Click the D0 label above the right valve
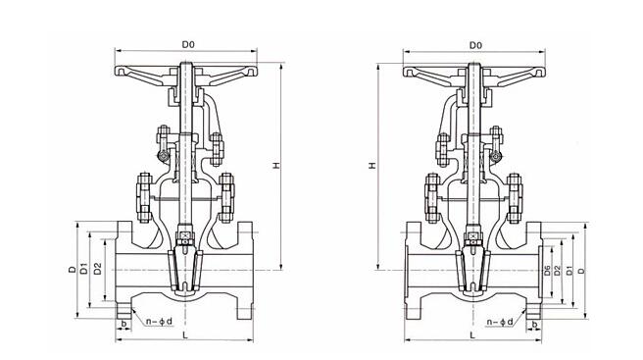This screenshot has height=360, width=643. coord(475,44)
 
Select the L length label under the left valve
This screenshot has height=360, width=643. coord(184,336)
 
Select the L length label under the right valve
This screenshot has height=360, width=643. coord(473,336)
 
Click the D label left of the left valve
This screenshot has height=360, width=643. coord(72,268)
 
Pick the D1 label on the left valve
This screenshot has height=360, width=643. coord(84,268)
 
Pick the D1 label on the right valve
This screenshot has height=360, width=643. coord(569,269)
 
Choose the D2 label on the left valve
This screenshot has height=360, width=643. coord(97,268)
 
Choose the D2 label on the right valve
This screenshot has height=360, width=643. coord(558,269)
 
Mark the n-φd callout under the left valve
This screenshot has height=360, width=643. coord(159,320)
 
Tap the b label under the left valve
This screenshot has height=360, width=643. coord(123,321)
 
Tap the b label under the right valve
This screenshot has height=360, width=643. coord(535,322)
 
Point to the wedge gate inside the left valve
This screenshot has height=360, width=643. coord(183,267)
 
